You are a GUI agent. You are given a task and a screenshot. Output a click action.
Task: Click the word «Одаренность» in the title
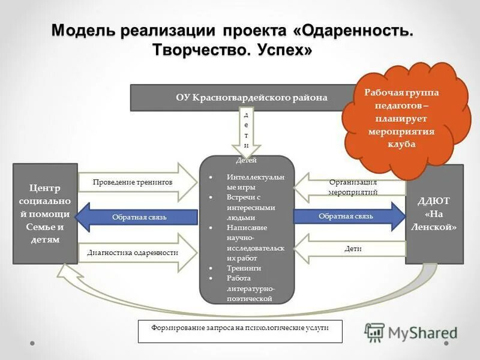point(354,30)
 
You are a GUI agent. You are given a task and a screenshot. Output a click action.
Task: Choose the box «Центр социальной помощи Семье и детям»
point(45,214)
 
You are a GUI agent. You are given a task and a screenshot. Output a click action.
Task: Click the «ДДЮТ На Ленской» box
point(434,214)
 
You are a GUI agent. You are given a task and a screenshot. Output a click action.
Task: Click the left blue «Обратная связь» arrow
point(138,216)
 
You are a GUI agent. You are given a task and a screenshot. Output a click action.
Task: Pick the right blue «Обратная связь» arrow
point(348,216)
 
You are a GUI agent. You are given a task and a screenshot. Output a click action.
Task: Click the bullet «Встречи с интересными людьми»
point(251,208)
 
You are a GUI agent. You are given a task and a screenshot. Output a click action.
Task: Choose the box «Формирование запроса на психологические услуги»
point(240,331)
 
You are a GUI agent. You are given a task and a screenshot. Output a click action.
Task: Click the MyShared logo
point(411,332)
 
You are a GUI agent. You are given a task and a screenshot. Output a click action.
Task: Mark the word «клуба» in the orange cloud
point(402,144)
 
